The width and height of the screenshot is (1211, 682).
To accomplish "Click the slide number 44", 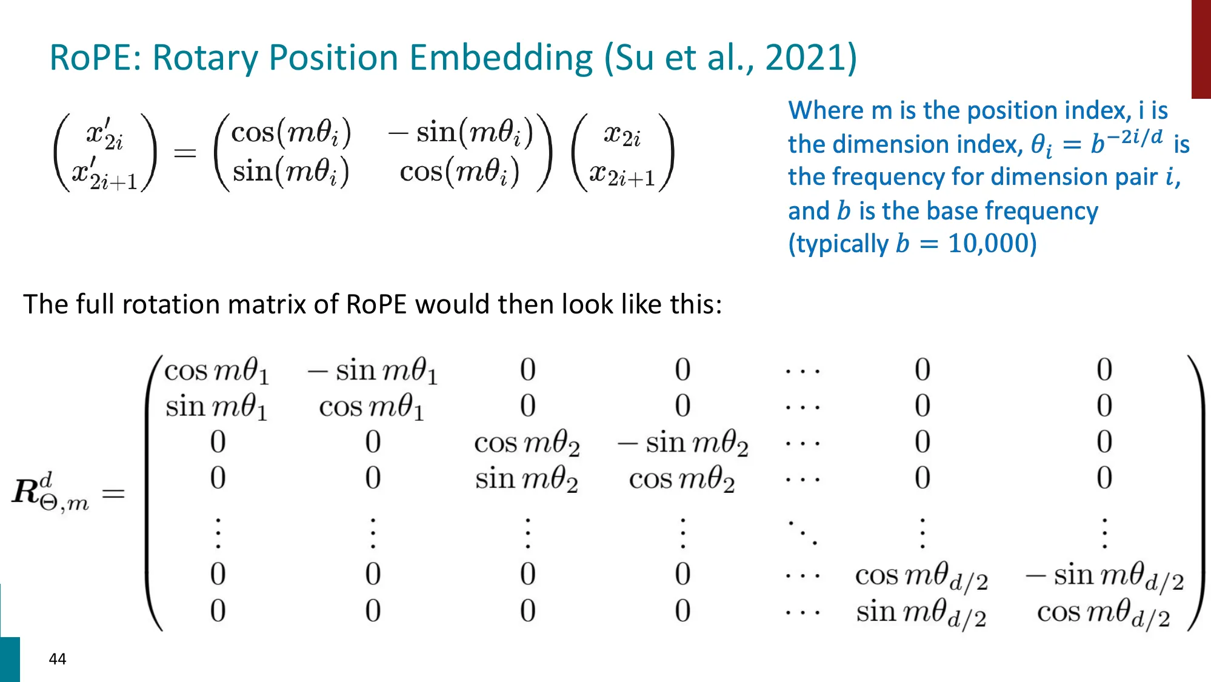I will (x=58, y=659).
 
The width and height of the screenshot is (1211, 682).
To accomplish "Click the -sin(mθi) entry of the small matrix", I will (x=461, y=133).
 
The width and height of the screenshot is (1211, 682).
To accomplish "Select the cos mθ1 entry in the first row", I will (x=216, y=370).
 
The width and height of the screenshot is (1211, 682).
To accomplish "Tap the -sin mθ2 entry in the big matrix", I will (x=683, y=443).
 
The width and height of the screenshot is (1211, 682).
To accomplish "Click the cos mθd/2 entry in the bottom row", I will (x=1104, y=613).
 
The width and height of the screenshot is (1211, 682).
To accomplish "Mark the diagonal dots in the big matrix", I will (x=802, y=532).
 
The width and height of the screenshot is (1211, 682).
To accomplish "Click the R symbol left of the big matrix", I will (x=27, y=491).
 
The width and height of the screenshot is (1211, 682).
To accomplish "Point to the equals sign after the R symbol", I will (x=113, y=493).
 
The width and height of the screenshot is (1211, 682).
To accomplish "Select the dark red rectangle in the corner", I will (x=1201, y=48).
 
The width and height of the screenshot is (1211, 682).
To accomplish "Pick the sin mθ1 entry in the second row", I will (x=216, y=407).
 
